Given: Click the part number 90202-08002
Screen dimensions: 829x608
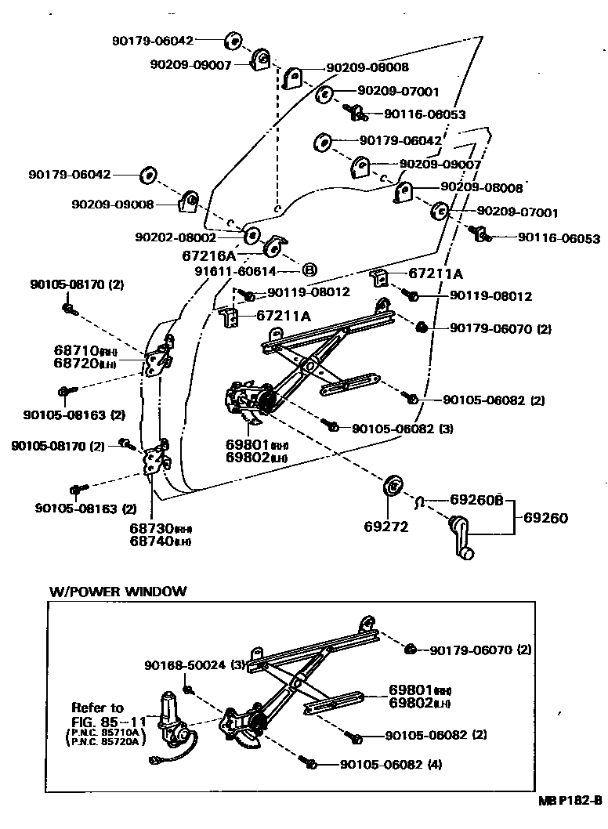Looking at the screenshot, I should click(175, 237).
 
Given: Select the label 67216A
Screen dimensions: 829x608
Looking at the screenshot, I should click(209, 255).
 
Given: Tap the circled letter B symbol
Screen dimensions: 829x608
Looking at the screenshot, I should click(309, 270).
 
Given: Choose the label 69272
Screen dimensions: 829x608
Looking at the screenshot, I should click(386, 527).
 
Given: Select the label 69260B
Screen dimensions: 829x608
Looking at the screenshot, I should click(476, 499).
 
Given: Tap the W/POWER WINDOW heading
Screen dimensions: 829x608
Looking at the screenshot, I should click(118, 591).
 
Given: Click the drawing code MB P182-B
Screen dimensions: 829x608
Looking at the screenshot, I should click(569, 801).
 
